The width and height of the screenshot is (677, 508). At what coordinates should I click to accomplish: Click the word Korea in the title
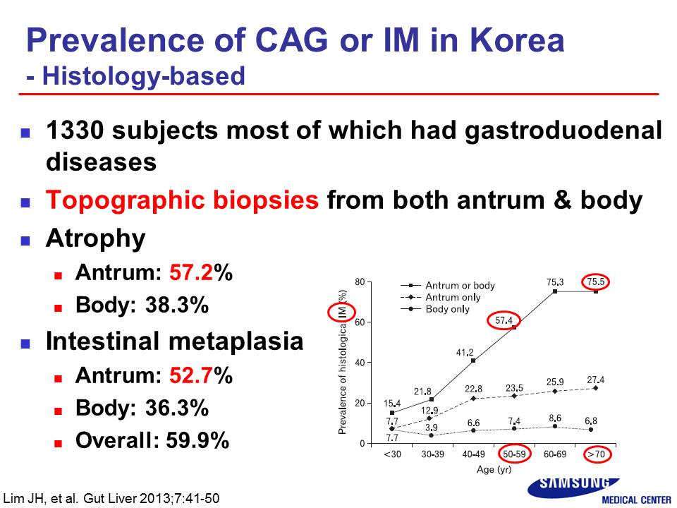pyautogui.click(x=517, y=40)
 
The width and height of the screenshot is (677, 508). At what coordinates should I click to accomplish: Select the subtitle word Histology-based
pyautogui.click(x=144, y=76)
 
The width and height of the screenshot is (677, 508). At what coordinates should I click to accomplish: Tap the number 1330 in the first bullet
pyautogui.click(x=75, y=130)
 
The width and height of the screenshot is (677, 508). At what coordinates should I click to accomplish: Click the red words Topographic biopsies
pyautogui.click(x=182, y=200)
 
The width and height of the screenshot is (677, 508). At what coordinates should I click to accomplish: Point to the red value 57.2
pyautogui.click(x=191, y=272)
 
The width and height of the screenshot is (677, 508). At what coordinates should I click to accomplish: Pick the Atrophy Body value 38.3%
pyautogui.click(x=177, y=305)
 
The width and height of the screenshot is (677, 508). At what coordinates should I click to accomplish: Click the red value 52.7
pyautogui.click(x=191, y=375)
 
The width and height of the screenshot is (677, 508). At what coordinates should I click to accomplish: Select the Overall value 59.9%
pyautogui.click(x=197, y=440)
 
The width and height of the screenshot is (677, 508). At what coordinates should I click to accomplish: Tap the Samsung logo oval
pyautogui.click(x=573, y=487)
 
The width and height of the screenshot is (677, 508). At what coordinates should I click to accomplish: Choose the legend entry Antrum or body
pyautogui.click(x=460, y=286)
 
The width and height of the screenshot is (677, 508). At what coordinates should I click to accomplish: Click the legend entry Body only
pyautogui.click(x=447, y=309)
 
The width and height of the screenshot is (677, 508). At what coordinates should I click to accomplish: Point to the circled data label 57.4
pyautogui.click(x=504, y=320)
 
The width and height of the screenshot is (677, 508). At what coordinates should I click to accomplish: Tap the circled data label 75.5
pyautogui.click(x=595, y=282)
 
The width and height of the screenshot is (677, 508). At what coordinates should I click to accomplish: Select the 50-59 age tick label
pyautogui.click(x=514, y=454)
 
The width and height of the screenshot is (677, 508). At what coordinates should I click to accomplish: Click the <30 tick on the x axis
pyautogui.click(x=392, y=454)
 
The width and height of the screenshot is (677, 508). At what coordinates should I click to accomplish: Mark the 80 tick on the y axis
pyautogui.click(x=360, y=282)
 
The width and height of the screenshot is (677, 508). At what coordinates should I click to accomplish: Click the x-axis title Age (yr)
pyautogui.click(x=494, y=470)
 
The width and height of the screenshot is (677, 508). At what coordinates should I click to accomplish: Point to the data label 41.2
pyautogui.click(x=465, y=353)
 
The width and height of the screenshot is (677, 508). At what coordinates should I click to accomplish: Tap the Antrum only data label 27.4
pyautogui.click(x=595, y=380)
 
